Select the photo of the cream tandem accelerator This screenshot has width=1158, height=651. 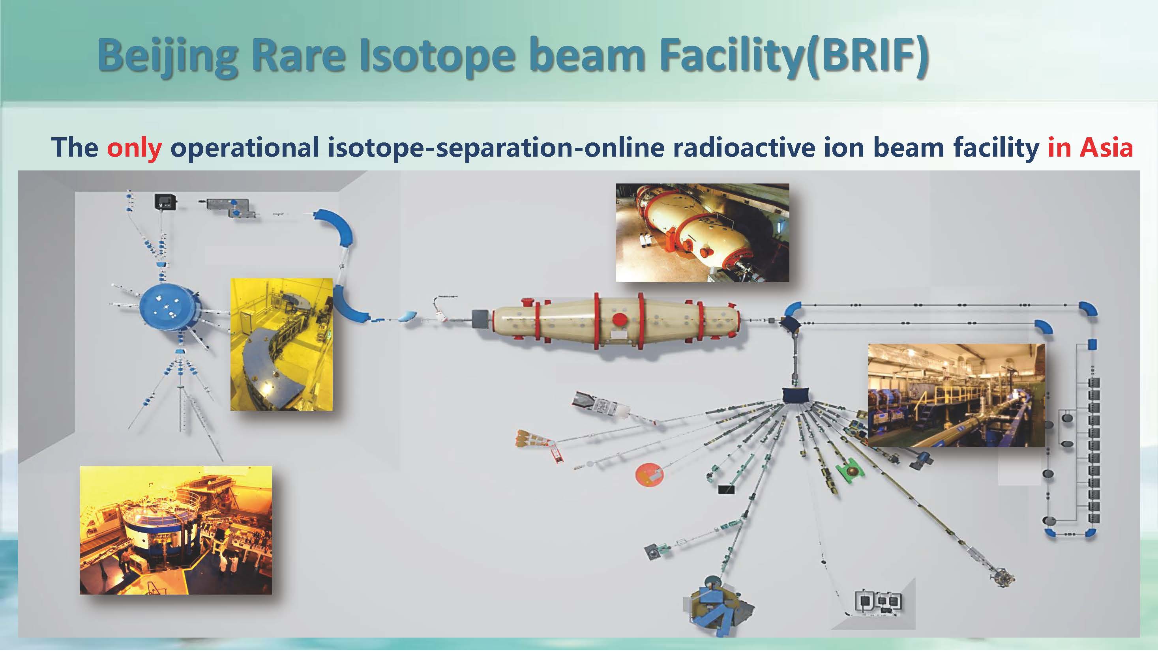702,233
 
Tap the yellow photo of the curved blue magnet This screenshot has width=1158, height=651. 281,344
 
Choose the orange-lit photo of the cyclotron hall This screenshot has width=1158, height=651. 176,530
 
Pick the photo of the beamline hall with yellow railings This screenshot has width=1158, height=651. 956,395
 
